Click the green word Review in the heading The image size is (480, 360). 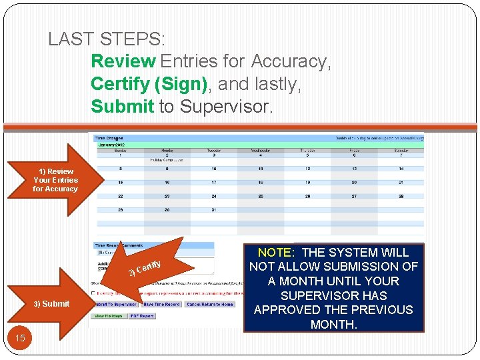click(x=123, y=61)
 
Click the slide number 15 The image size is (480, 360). click(x=20, y=338)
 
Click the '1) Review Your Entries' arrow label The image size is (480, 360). click(x=55, y=180)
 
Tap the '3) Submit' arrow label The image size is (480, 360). click(x=51, y=304)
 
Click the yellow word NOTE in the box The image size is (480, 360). click(x=273, y=253)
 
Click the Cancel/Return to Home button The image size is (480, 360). click(x=209, y=304)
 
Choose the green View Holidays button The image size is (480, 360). click(x=108, y=316)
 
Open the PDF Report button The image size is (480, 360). click(x=142, y=316)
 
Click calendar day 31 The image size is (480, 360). click(x=213, y=210)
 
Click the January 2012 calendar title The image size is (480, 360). click(x=113, y=145)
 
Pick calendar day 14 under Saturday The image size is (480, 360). click(x=400, y=169)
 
